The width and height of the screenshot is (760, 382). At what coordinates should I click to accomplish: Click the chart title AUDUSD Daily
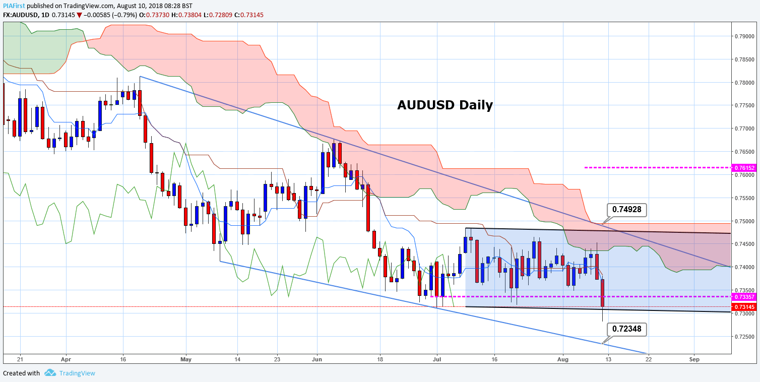tap(445, 105)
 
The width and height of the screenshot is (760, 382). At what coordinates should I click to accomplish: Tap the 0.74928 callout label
tap(626, 209)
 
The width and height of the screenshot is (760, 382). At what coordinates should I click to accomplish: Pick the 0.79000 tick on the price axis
tap(744, 36)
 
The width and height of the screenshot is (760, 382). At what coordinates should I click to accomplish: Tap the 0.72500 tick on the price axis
tap(744, 336)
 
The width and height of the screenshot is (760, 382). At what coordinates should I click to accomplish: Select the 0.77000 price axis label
tap(744, 129)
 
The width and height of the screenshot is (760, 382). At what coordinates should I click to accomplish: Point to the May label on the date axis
tap(186, 360)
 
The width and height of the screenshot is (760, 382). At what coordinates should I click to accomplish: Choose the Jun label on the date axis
tap(317, 360)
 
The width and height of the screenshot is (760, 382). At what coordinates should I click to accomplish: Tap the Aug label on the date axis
tap(563, 360)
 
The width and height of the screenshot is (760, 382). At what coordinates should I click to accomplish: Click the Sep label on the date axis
tap(694, 360)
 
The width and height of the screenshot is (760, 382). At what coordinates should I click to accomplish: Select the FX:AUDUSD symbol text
tap(23, 15)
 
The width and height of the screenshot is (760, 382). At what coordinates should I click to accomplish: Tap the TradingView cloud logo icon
tap(49, 373)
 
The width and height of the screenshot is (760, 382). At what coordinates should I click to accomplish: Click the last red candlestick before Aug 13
tap(602, 293)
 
